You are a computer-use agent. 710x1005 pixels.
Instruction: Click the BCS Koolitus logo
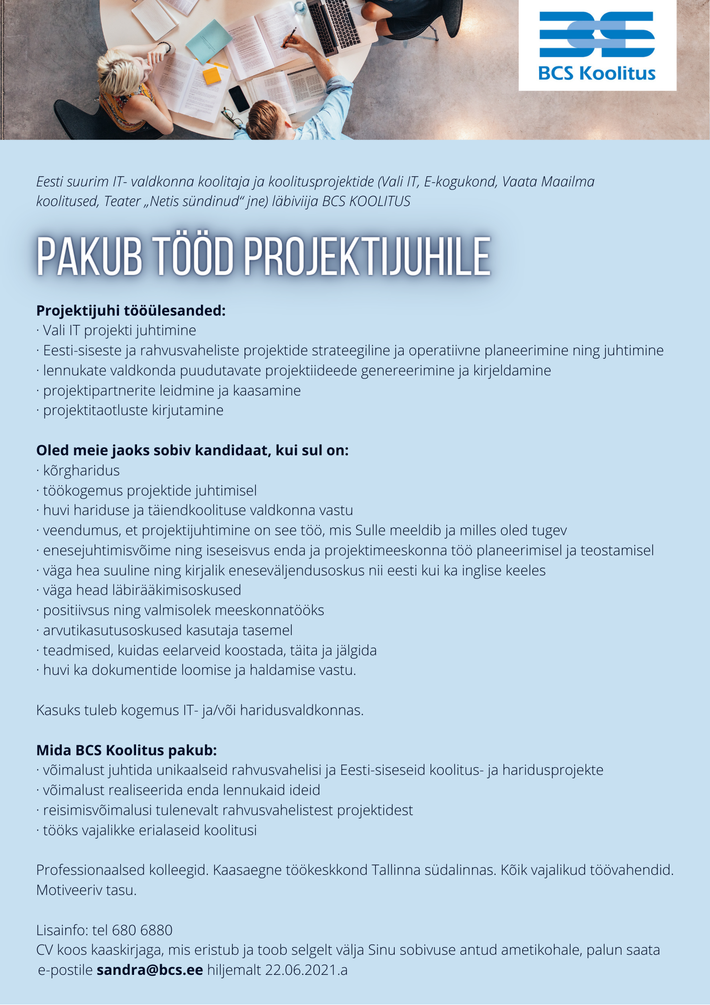[597, 46]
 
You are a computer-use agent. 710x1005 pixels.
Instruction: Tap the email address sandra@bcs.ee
[150, 970]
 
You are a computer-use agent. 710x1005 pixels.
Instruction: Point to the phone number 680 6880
[142, 930]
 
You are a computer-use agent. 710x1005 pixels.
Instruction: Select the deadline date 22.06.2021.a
[306, 970]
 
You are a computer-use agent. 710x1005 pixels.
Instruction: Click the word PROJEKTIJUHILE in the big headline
[367, 257]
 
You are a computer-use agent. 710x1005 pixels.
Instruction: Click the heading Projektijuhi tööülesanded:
[131, 311]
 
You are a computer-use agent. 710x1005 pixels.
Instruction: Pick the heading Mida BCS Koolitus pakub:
[127, 750]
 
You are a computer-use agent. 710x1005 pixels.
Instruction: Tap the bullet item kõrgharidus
[81, 470]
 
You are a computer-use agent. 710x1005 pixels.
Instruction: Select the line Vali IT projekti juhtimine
[119, 330]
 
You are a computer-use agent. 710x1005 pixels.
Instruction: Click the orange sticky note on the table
[211, 76]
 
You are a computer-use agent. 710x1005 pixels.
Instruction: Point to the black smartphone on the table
[239, 98]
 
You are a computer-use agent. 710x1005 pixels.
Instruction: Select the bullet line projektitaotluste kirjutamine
[133, 410]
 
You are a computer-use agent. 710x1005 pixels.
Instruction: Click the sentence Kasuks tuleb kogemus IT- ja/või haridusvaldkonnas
[200, 710]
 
